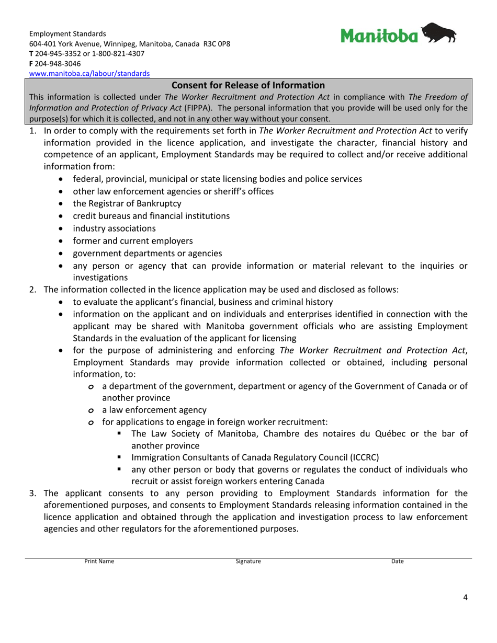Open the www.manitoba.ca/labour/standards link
point(89,74)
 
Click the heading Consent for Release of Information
point(249,85)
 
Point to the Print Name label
point(99,561)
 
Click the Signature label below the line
point(248,561)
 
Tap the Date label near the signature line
point(398,561)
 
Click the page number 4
point(465,598)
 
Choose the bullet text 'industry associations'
point(114,228)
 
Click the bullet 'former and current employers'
point(132,241)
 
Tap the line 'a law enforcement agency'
point(154,410)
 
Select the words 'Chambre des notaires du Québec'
point(301,433)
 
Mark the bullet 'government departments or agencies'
point(147,254)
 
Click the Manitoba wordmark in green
point(380,36)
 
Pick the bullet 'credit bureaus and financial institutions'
point(151,216)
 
